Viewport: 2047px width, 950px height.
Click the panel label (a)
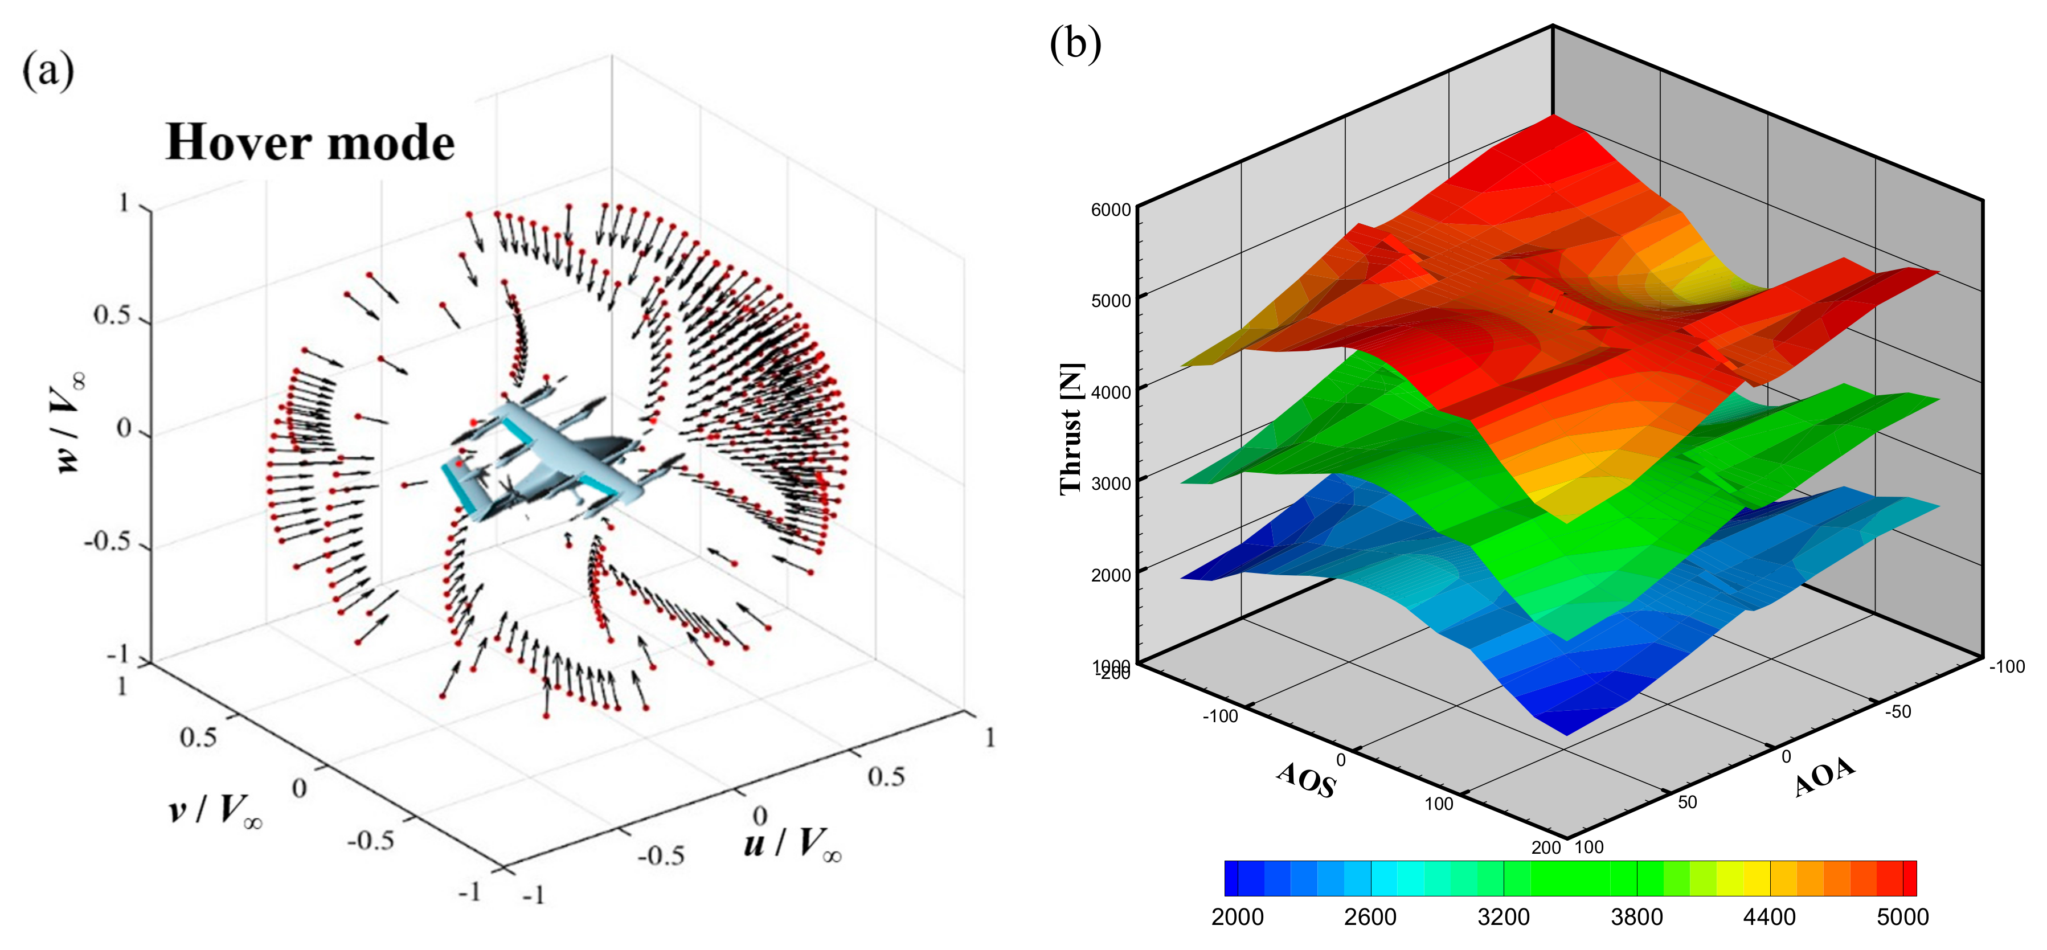(48, 72)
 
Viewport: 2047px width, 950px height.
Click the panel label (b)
(1075, 44)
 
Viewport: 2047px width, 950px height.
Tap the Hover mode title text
(310, 143)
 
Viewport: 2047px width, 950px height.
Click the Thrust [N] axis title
(1071, 429)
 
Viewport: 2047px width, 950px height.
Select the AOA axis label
(1824, 776)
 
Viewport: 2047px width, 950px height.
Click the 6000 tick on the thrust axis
(1110, 210)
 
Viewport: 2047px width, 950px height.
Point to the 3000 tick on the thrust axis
(1110, 484)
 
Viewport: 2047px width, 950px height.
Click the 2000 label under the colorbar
(1237, 918)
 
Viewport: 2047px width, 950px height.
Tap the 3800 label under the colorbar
(1636, 918)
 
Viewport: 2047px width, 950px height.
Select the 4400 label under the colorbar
(1769, 918)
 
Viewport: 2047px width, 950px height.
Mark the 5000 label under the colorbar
(1902, 918)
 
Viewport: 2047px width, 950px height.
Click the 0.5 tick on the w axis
(112, 316)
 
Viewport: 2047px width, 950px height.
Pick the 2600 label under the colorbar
(1370, 918)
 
